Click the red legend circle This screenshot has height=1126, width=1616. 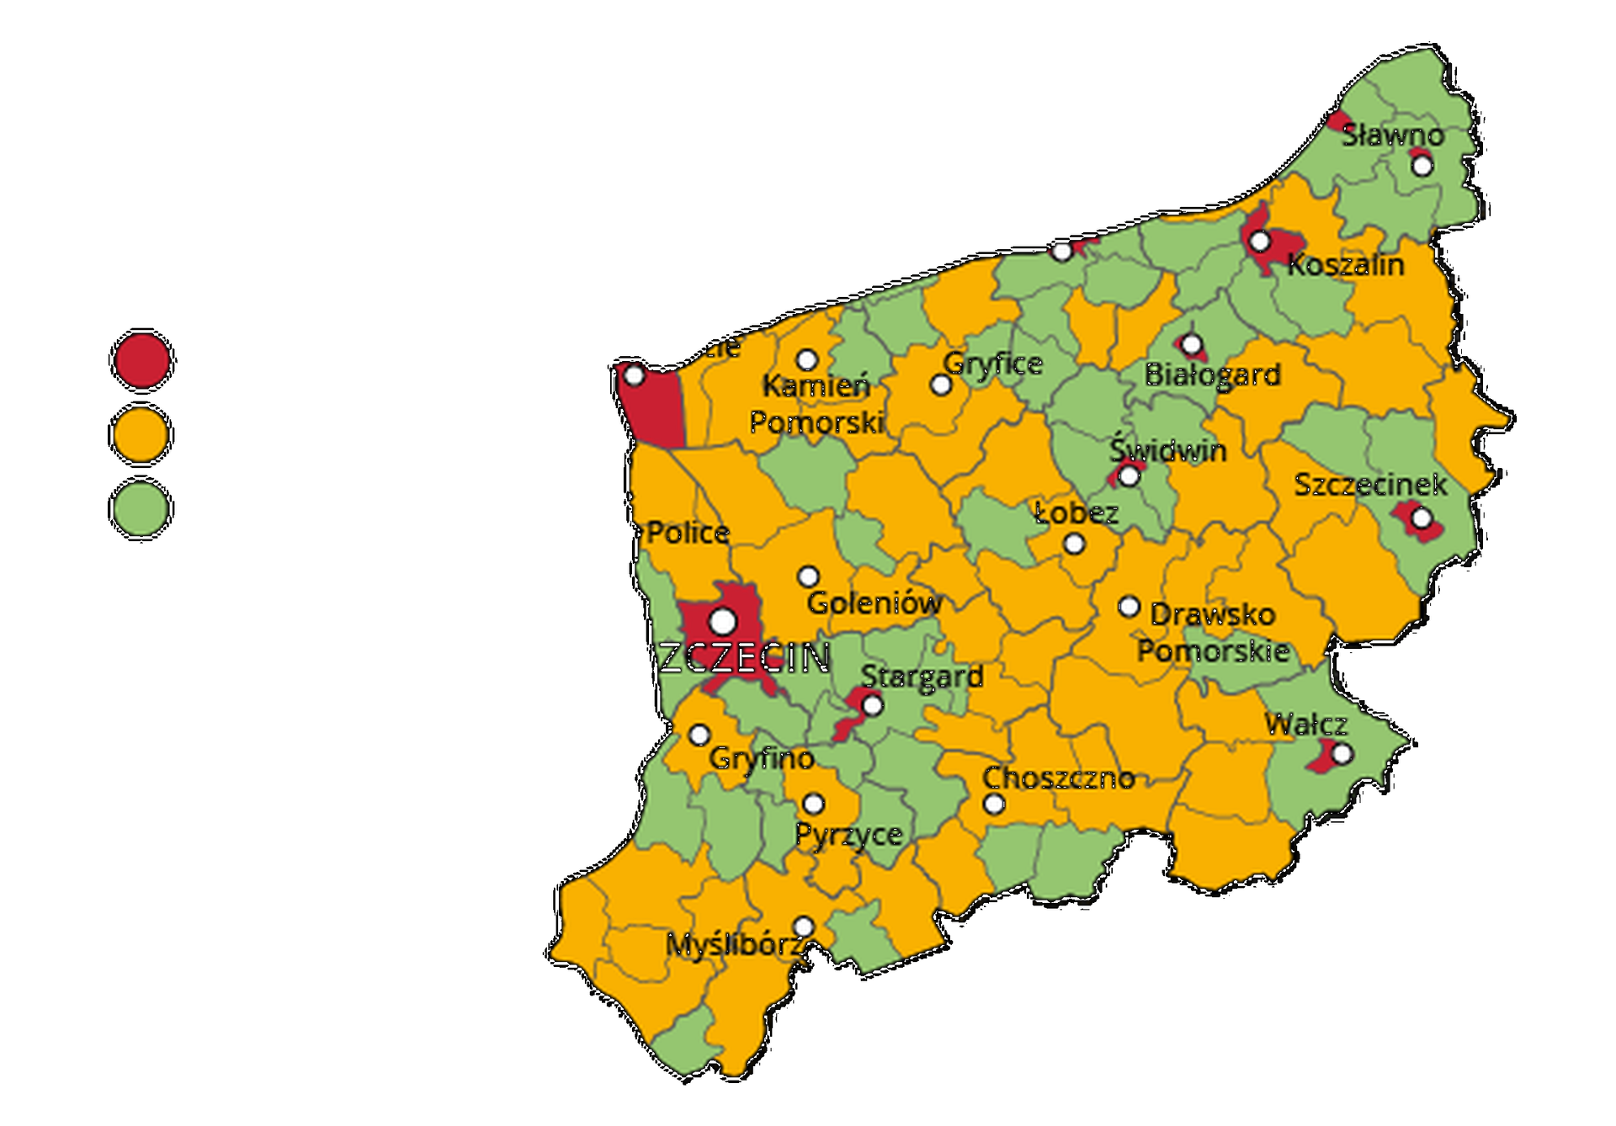coord(142,361)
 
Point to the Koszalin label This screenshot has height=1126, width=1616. coord(1345,265)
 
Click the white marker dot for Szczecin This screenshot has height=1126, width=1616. coord(722,622)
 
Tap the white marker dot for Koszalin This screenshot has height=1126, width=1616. coord(1259,242)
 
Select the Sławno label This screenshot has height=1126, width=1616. coord(1392,135)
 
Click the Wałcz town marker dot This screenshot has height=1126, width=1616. coord(1342,753)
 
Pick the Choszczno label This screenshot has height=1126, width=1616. coord(1058,778)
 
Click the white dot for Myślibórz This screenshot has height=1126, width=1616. coord(804,927)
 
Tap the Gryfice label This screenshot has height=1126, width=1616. coord(992,364)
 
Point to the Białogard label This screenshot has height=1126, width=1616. coord(1212,375)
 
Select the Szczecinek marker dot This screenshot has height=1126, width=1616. coord(1421,518)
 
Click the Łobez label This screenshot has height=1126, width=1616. coord(1076,513)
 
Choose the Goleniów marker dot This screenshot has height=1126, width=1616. coord(808,577)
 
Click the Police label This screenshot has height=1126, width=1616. coord(688,533)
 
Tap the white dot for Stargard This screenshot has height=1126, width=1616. coord(873,705)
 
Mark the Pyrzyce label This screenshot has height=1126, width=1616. coord(848,835)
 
